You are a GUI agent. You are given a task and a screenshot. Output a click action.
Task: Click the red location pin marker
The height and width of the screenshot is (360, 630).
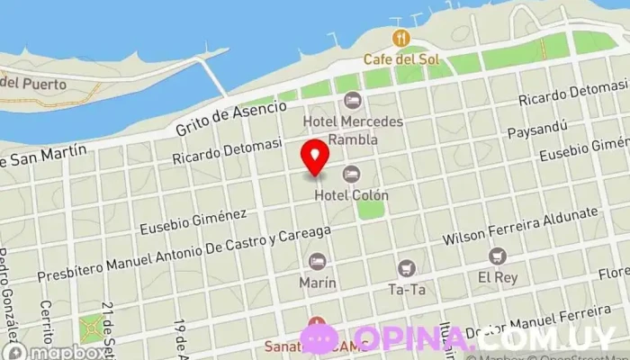pyautogui.click(x=315, y=157)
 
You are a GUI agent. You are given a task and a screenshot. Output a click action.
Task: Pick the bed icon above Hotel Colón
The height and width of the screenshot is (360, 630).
pyautogui.click(x=351, y=174)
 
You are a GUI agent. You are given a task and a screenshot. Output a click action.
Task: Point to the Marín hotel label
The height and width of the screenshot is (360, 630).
pyautogui.click(x=318, y=283)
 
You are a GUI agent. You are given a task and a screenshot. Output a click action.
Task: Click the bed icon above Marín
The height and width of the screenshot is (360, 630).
pyautogui.click(x=316, y=262)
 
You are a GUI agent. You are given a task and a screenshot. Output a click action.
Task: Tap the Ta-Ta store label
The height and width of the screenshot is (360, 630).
pyautogui.click(x=406, y=289)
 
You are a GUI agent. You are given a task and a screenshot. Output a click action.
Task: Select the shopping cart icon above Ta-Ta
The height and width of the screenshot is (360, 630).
pyautogui.click(x=407, y=268)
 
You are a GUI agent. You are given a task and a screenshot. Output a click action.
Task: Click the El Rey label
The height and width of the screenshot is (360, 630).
pyautogui.click(x=497, y=277)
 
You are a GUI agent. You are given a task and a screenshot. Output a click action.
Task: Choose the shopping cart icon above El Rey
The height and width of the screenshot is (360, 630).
pyautogui.click(x=498, y=256)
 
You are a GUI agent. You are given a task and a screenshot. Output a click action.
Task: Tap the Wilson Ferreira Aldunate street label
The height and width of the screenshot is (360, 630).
pyautogui.click(x=520, y=227)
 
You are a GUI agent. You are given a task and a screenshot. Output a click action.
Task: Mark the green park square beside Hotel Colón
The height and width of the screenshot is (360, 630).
pyautogui.click(x=371, y=208)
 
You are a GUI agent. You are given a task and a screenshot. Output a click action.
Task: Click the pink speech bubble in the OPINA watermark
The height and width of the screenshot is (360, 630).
pyautogui.click(x=319, y=338)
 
